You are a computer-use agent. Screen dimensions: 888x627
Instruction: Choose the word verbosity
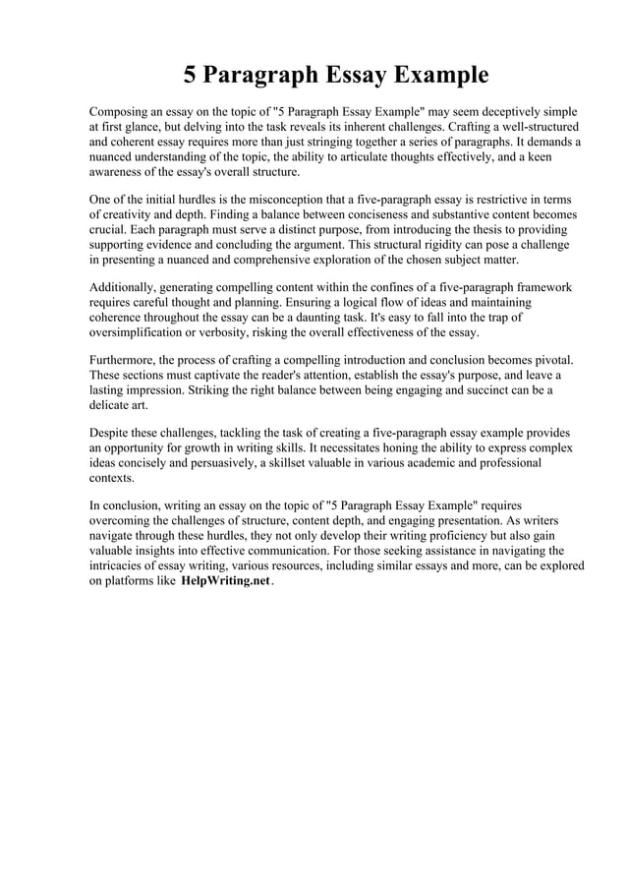point(242,331)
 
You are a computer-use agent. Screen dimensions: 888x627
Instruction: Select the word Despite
point(110,433)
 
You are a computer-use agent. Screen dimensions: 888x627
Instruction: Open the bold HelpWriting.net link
point(225,581)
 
